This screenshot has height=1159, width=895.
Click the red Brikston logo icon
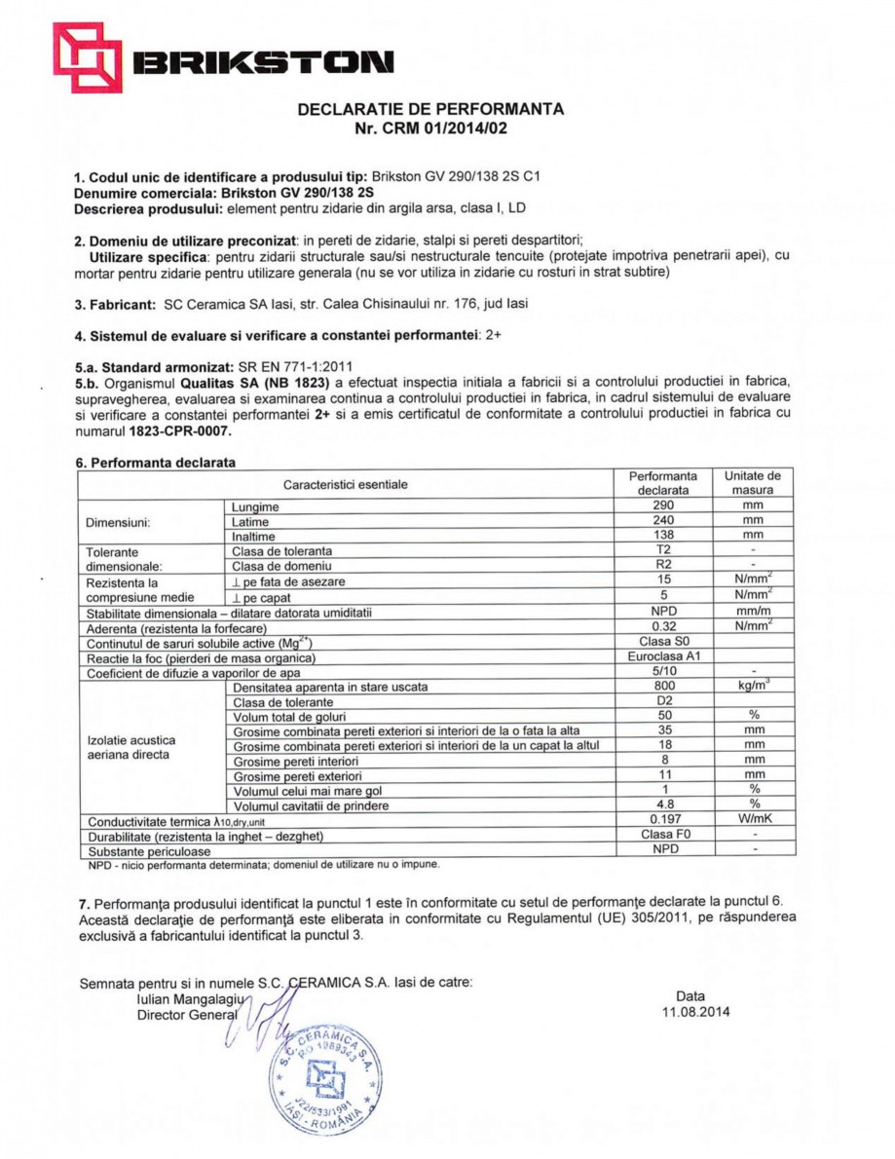coord(87,57)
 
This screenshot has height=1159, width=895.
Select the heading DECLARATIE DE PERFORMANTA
coord(429,109)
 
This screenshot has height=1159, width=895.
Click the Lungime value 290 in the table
coord(663,506)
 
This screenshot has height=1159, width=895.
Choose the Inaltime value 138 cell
coord(663,535)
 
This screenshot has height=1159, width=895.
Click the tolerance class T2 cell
coord(663,550)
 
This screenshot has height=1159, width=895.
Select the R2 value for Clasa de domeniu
coord(663,565)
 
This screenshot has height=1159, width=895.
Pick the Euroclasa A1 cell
coord(663,656)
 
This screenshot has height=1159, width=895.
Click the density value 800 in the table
coord(663,686)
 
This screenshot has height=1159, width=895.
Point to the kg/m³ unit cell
coord(753,686)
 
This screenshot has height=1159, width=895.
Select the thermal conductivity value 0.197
coord(663,819)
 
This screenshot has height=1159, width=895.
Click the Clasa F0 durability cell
coord(663,835)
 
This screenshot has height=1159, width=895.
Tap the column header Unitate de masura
coord(753,483)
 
